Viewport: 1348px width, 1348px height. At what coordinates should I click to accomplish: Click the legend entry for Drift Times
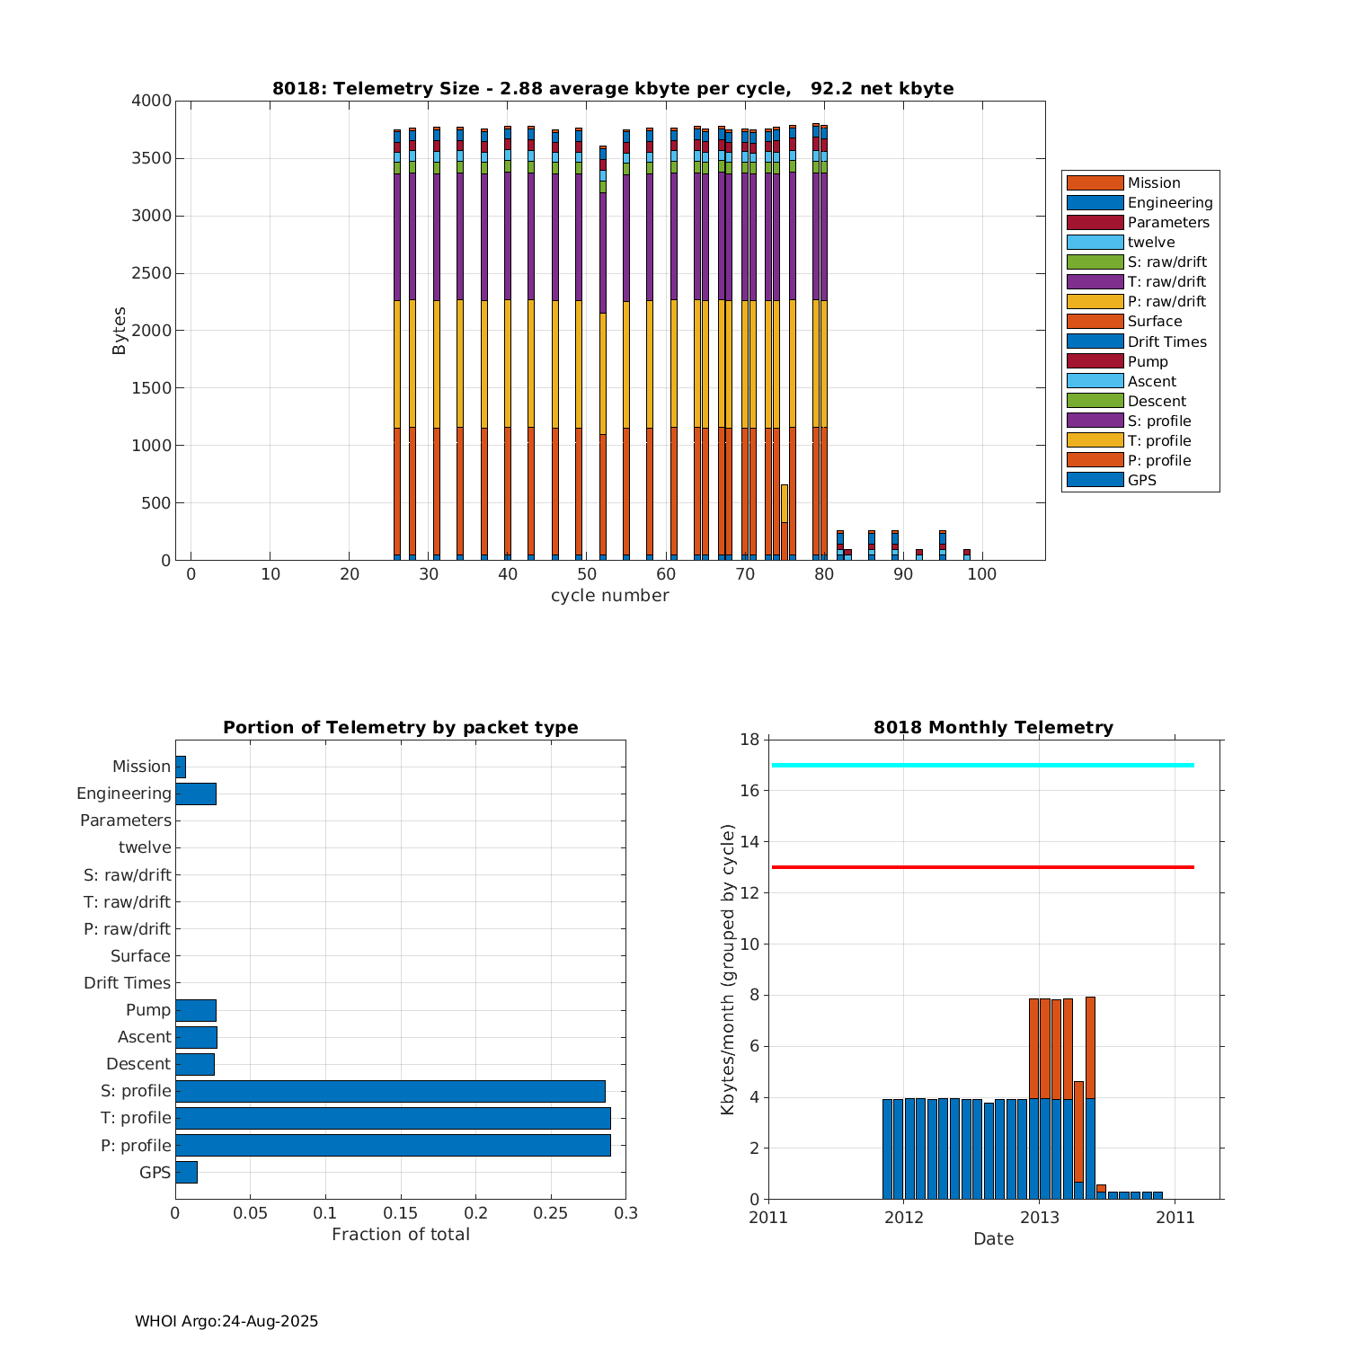pyautogui.click(x=1166, y=341)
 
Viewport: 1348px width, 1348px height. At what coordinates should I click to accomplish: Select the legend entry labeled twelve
pyautogui.click(x=1150, y=242)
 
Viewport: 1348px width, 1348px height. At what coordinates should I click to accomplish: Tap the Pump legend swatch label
pyautogui.click(x=1148, y=361)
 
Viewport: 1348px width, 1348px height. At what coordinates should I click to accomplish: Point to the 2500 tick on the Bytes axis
pyautogui.click(x=152, y=273)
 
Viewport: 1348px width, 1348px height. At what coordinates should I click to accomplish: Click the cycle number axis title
pyautogui.click(x=609, y=596)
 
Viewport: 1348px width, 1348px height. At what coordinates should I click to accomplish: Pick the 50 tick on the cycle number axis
pyautogui.click(x=586, y=574)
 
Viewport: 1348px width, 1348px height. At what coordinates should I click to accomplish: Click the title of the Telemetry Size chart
pyautogui.click(x=613, y=88)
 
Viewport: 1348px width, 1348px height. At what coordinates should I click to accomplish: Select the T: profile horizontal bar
pyautogui.click(x=393, y=1118)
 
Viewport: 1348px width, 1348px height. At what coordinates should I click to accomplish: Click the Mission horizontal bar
pyautogui.click(x=181, y=767)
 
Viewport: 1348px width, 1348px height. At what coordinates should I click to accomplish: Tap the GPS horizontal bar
pyautogui.click(x=186, y=1172)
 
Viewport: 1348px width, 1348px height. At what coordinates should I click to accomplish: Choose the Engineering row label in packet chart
pyautogui.click(x=124, y=794)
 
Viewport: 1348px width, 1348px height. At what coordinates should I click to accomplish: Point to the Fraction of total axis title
pyautogui.click(x=401, y=1235)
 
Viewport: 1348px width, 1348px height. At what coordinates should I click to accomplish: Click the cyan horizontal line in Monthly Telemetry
pyautogui.click(x=982, y=765)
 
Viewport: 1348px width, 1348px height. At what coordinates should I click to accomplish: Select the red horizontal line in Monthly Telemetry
pyautogui.click(x=982, y=867)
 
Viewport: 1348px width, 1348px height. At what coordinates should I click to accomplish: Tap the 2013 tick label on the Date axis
pyautogui.click(x=1039, y=1218)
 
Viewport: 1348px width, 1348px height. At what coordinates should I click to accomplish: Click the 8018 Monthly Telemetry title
pyautogui.click(x=993, y=728)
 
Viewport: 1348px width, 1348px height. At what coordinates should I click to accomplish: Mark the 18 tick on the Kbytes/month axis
pyautogui.click(x=749, y=740)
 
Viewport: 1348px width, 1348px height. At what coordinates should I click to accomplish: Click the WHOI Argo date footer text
pyautogui.click(x=226, y=1321)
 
